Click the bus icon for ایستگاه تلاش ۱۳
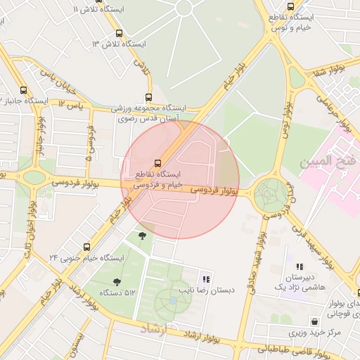click(118, 33)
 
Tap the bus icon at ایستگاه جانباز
click(24, 90)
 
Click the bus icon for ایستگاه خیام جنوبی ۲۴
click(87, 247)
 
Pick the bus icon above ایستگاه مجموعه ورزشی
click(148, 97)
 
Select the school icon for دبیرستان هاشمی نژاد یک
click(300, 267)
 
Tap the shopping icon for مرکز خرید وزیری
click(314, 321)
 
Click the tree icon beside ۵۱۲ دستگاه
click(117, 282)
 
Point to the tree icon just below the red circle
click(143, 235)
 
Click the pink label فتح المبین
click(328, 162)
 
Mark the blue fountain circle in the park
click(173, 300)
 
